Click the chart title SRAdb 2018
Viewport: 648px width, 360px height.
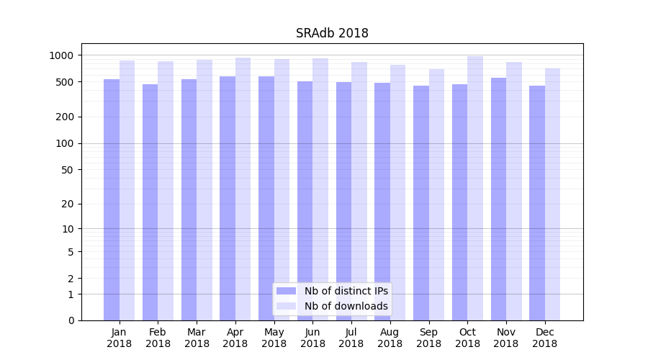pyautogui.click(x=332, y=34)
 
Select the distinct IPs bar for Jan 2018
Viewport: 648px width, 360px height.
pyautogui.click(x=112, y=202)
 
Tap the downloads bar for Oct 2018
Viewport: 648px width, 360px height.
pyautogui.click(x=475, y=187)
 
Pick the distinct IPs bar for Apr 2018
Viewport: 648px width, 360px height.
pyautogui.click(x=228, y=198)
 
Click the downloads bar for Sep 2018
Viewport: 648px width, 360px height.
pyautogui.click(x=436, y=194)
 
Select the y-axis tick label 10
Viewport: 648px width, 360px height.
pyautogui.click(x=68, y=229)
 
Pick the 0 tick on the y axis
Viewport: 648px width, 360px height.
pyautogui.click(x=71, y=320)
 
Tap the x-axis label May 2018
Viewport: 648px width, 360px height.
pyautogui.click(x=274, y=338)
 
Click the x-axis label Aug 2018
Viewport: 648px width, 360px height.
pyautogui.click(x=390, y=338)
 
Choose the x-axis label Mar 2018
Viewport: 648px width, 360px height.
pyautogui.click(x=197, y=338)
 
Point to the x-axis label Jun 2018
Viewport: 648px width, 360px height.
pyautogui.click(x=312, y=338)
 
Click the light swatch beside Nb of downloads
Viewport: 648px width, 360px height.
pyautogui.click(x=286, y=306)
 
